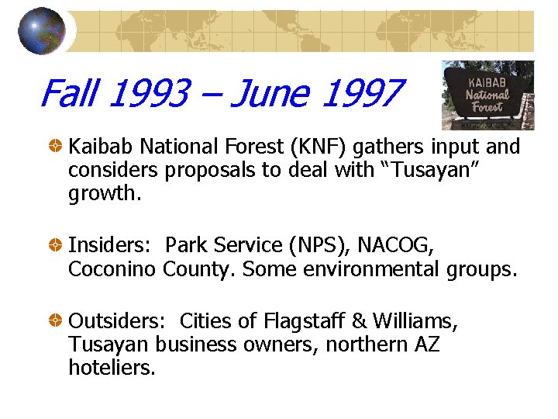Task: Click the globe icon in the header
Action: tap(41, 30)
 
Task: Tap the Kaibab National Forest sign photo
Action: tap(487, 95)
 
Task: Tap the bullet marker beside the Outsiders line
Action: tap(57, 320)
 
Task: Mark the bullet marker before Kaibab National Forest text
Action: tap(57, 146)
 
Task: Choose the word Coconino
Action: tap(113, 269)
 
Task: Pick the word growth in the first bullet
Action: tap(104, 194)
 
